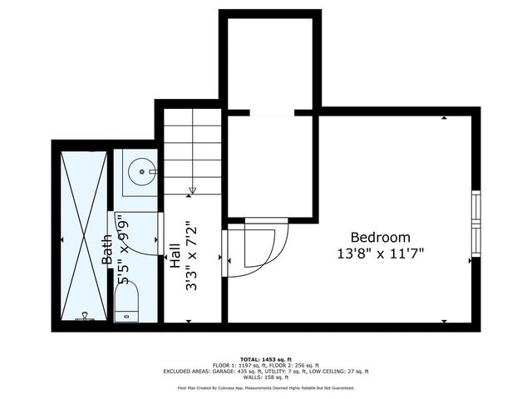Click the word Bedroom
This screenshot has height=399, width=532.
pos(380,237)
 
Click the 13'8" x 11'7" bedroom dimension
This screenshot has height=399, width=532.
pos(387,254)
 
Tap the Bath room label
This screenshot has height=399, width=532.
pos(108,250)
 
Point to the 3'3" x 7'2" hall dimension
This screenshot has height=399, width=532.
pos(191,255)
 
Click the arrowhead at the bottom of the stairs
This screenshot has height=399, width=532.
pos(192,190)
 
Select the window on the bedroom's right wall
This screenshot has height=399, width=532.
pos(475,224)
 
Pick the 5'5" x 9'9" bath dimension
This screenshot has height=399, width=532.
pos(124,250)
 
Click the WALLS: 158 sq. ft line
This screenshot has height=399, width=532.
pos(265,378)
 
